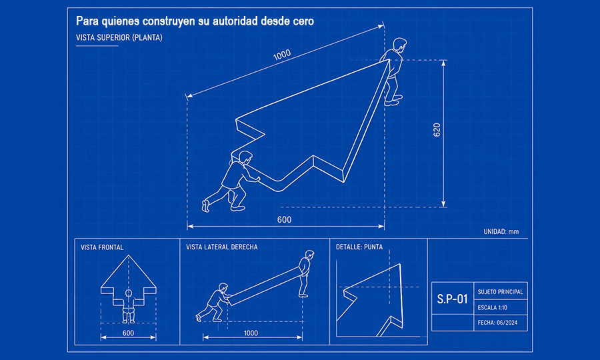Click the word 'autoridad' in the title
235,21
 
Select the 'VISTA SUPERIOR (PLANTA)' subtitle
119,37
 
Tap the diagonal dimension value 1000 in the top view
282,55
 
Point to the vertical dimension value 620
437,130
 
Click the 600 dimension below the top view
284,219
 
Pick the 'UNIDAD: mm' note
501,231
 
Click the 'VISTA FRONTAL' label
102,247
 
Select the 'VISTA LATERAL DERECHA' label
221,247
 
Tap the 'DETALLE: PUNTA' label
359,247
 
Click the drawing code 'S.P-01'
452,299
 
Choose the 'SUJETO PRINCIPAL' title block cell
500,292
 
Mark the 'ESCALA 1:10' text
493,307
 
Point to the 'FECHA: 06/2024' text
497,323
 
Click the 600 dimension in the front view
128,333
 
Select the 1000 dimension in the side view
251,333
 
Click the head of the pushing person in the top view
245,157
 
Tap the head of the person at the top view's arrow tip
399,44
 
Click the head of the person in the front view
129,293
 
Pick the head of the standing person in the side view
309,255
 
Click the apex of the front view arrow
129,255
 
